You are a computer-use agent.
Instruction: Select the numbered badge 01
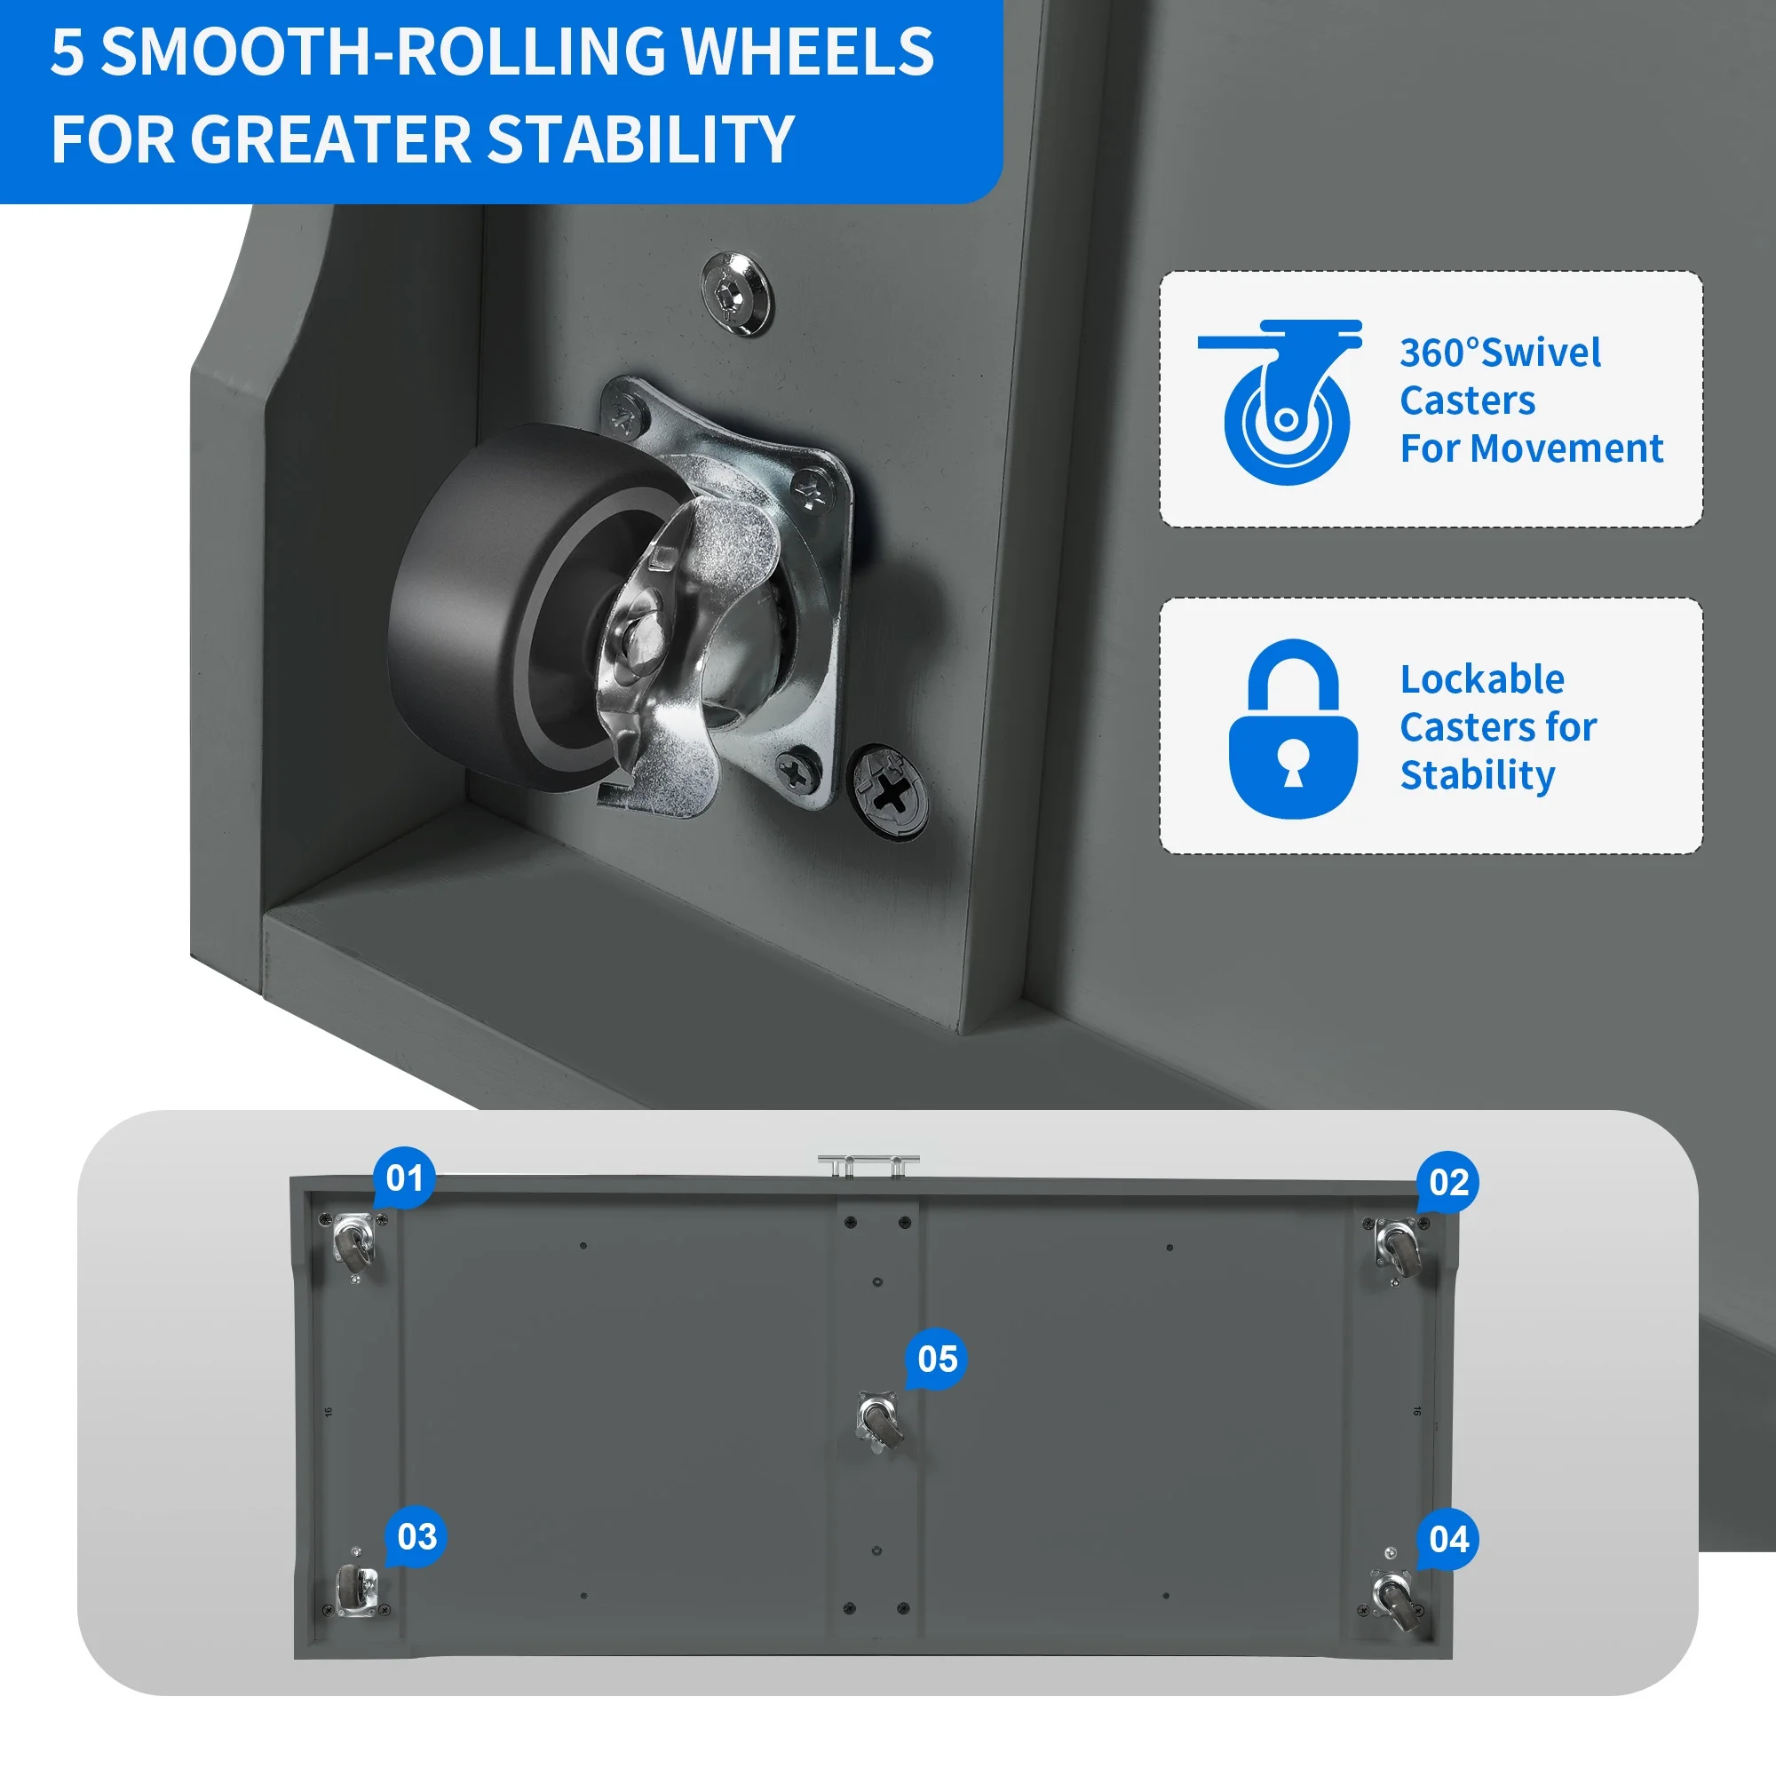pyautogui.click(x=403, y=1177)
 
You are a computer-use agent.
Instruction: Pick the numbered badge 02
pyautogui.click(x=1447, y=1182)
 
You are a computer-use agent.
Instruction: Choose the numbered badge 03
pyautogui.click(x=416, y=1536)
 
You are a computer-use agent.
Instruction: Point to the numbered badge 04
pyautogui.click(x=1448, y=1539)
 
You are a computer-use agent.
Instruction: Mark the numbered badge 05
pyautogui.click(x=937, y=1359)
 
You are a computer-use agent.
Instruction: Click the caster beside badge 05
pyautogui.click(x=879, y=1421)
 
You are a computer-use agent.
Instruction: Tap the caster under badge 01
pyautogui.click(x=354, y=1243)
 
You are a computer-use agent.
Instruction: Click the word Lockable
pyautogui.click(x=1482, y=679)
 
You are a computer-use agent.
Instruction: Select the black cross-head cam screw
pyautogui.click(x=889, y=791)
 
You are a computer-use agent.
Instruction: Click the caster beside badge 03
pyautogui.click(x=355, y=1590)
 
